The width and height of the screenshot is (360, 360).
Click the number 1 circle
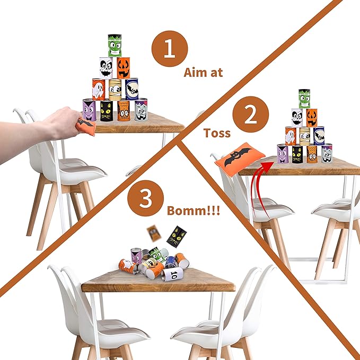[x=170, y=49]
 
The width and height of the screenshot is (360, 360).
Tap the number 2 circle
[x=250, y=115]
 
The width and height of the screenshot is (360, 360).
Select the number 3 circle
[x=146, y=198]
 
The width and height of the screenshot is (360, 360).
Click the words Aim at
[x=203, y=73]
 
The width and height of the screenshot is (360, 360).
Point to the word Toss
[x=217, y=133]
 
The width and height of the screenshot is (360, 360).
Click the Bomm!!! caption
[x=194, y=210]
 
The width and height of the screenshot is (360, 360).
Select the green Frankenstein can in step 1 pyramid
[x=115, y=46]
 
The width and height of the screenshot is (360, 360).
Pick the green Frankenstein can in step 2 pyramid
[x=304, y=99]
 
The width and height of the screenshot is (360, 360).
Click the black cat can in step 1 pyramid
[x=107, y=111]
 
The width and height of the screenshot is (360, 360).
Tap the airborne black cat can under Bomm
[x=177, y=236]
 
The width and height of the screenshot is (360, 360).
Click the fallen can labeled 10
[x=172, y=274]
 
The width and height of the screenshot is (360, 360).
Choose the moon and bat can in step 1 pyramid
[x=132, y=89]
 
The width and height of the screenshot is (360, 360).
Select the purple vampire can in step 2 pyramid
[x=283, y=154]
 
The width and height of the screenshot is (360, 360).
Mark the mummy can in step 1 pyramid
[x=115, y=90]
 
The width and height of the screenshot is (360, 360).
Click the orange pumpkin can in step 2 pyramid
[x=312, y=118]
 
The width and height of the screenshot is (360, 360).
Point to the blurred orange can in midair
[x=154, y=233]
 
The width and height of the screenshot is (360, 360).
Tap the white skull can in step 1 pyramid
[x=106, y=68]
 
